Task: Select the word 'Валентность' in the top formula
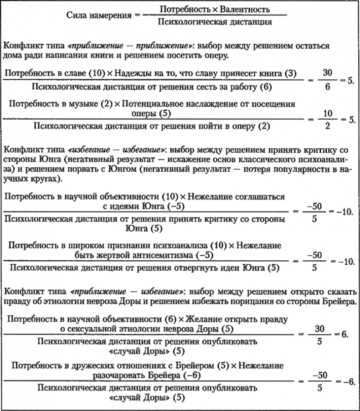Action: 247,9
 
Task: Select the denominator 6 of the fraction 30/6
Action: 325,86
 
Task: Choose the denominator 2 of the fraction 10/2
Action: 325,126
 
